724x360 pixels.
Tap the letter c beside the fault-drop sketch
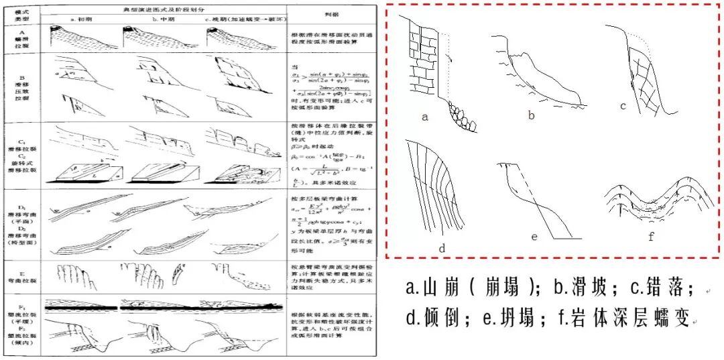tap(623, 105)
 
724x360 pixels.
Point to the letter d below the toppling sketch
tap(442, 248)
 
